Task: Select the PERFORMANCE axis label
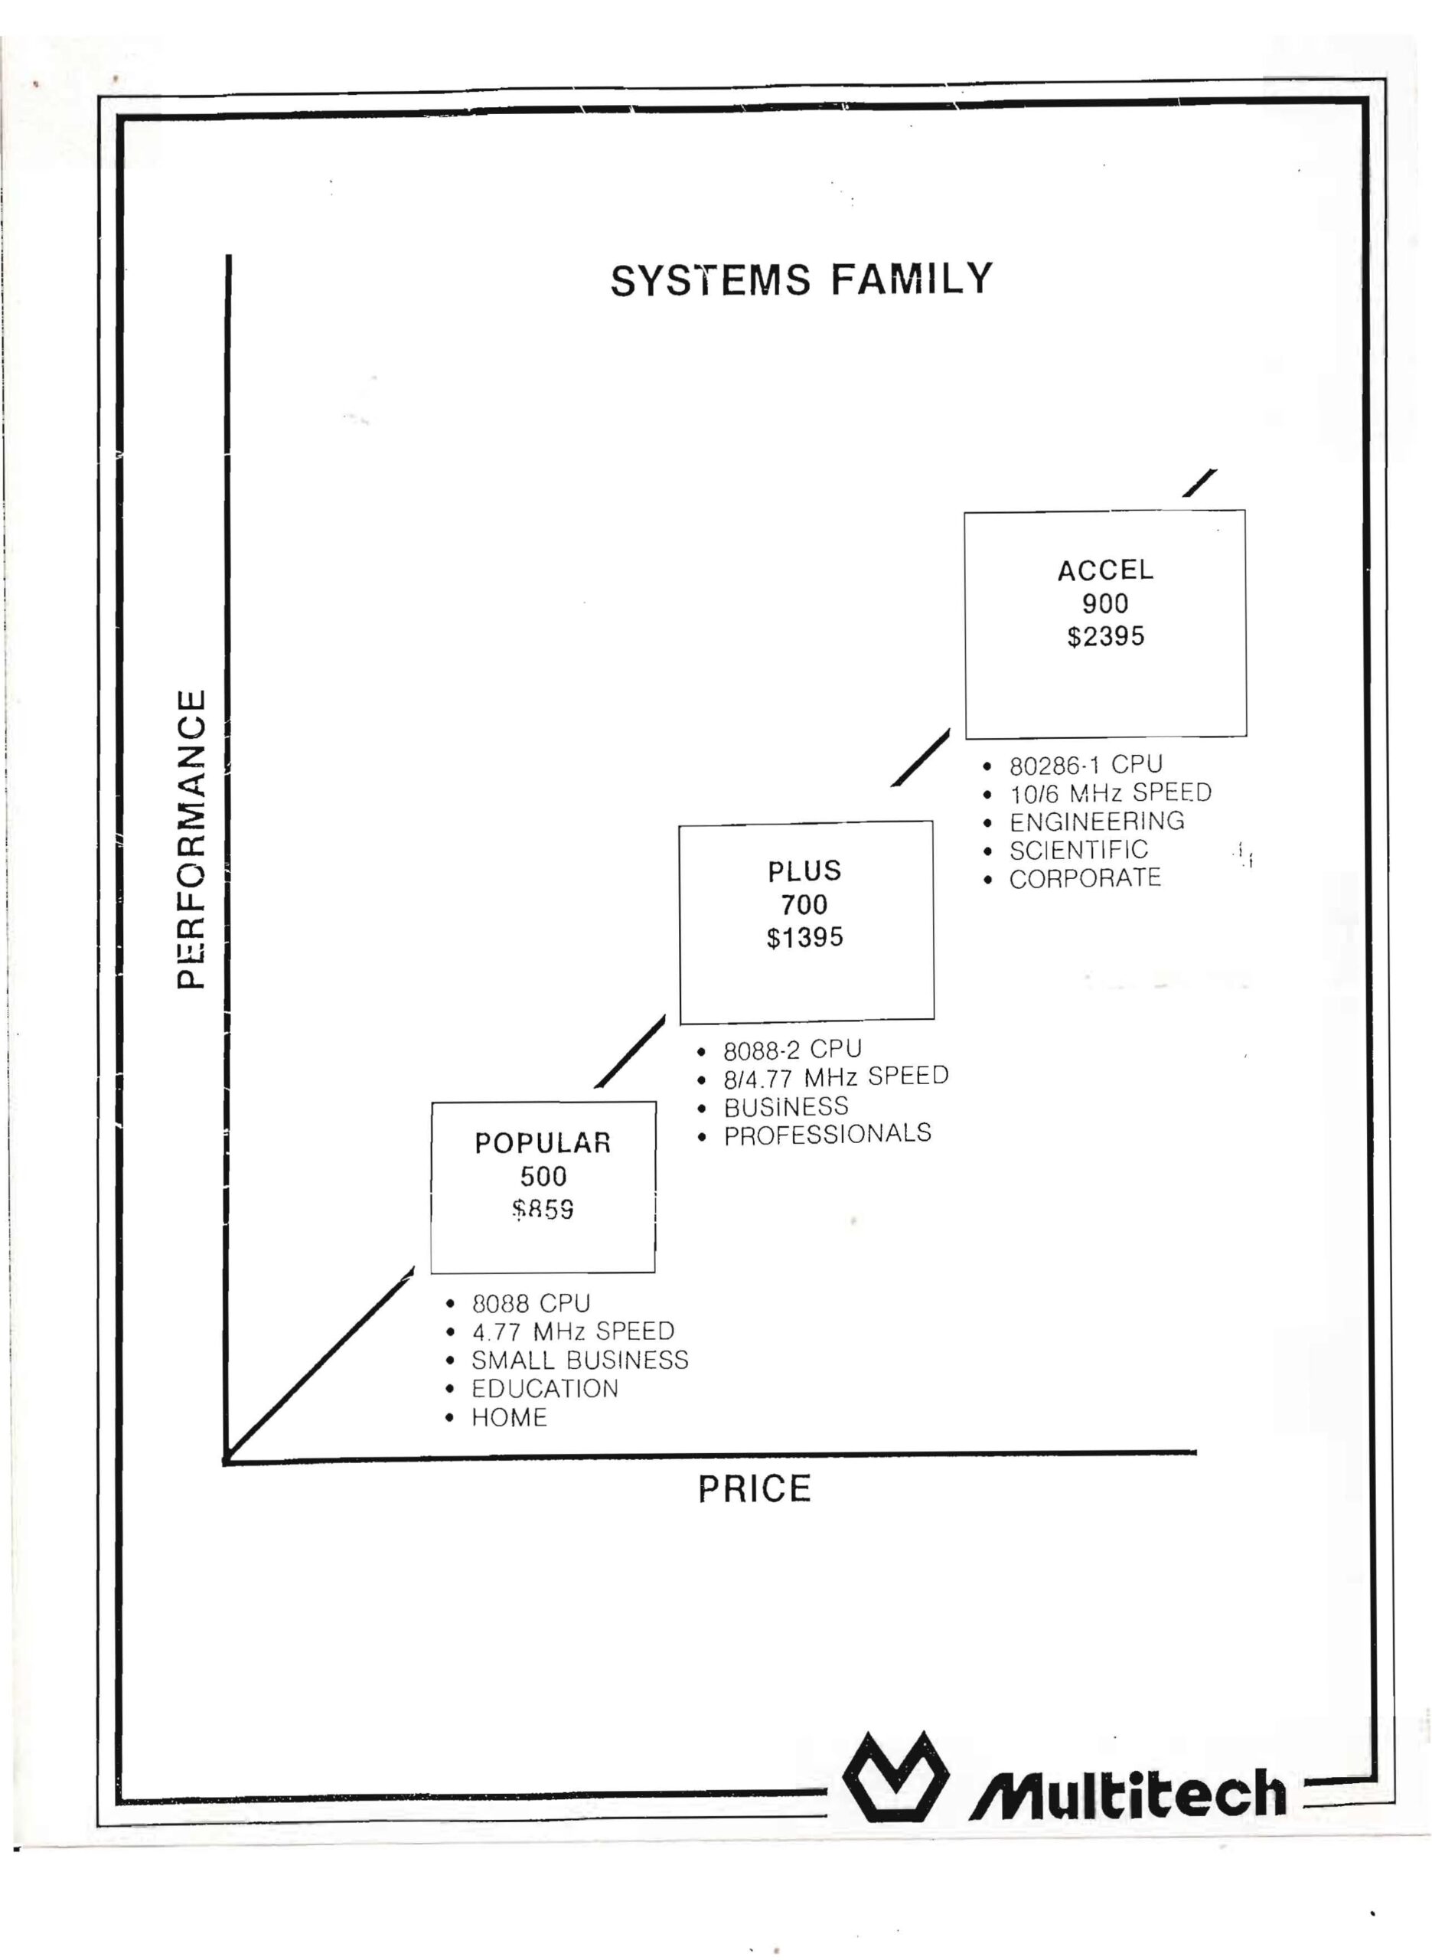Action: pos(191,838)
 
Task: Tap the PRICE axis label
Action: pos(754,1488)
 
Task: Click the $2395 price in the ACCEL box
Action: pos(1105,636)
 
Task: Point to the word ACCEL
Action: pos(1105,570)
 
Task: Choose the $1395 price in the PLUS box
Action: pos(804,937)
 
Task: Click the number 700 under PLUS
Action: pos(804,904)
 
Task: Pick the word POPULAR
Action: pos(543,1143)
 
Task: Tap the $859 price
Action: pos(543,1209)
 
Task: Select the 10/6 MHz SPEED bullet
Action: pos(1111,793)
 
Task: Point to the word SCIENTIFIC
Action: pos(1078,851)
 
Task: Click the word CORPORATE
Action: pos(1085,878)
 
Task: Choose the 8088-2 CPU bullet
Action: pos(792,1050)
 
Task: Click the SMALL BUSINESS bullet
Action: pos(580,1360)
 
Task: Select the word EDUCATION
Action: pos(545,1389)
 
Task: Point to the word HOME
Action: pos(510,1418)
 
